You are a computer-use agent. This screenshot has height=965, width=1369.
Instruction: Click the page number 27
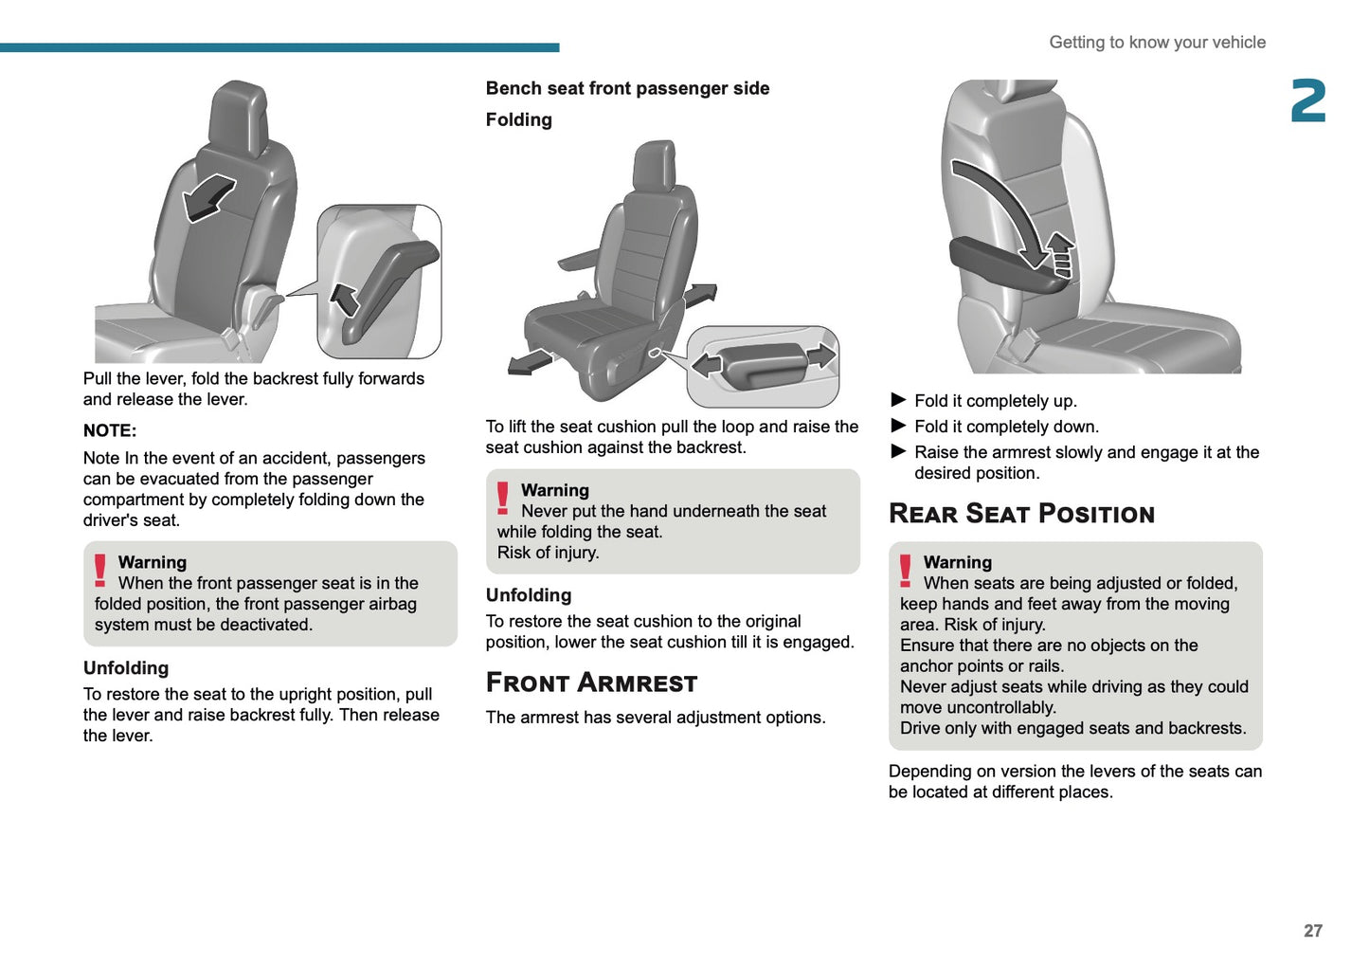1312,931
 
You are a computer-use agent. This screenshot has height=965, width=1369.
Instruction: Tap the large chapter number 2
1308,101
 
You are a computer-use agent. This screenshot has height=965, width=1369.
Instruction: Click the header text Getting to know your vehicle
1157,43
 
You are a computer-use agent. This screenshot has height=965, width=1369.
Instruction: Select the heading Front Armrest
591,683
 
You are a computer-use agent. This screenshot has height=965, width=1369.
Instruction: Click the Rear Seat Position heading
1021,514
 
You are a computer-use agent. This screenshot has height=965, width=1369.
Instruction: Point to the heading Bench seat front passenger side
627,88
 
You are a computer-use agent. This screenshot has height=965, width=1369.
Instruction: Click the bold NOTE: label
110,430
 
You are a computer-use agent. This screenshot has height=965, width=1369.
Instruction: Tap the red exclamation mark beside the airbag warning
100,571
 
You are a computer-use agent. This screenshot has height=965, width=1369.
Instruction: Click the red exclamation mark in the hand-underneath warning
503,499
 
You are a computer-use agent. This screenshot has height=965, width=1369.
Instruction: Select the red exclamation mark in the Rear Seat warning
906,571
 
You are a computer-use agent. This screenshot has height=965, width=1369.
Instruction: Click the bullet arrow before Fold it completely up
898,400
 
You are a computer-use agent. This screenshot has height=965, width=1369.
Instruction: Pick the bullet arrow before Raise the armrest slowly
898,451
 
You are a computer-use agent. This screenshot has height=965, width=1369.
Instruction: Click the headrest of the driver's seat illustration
240,116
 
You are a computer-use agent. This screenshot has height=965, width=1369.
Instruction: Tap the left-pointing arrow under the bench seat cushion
530,362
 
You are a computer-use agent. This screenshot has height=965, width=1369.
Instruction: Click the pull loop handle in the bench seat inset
763,364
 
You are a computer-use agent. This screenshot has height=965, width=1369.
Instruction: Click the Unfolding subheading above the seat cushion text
529,595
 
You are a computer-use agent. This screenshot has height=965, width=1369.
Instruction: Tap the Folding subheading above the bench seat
518,119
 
